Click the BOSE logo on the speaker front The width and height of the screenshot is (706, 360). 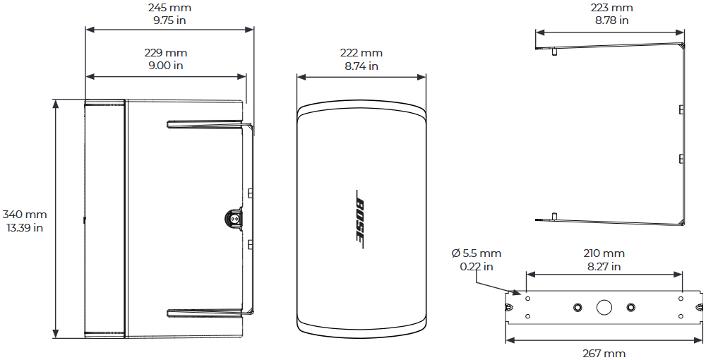(360, 219)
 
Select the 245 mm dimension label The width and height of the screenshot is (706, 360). (169, 8)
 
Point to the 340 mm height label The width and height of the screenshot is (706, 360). (25, 215)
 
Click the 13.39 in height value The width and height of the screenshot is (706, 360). (25, 227)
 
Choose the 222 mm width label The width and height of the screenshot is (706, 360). (361, 53)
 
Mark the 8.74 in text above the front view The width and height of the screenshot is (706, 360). (361, 66)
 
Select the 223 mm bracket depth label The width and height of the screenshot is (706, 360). (611, 8)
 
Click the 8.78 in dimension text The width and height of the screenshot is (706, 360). (611, 20)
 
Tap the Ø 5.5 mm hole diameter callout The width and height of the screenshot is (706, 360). (477, 253)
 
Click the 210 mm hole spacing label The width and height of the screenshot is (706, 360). (604, 253)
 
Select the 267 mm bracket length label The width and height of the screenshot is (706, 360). (604, 353)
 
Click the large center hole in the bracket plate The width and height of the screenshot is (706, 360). (604, 308)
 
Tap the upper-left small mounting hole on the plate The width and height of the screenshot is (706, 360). (527, 297)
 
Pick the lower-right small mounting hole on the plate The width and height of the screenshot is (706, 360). (681, 317)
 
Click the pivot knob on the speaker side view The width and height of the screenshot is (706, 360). (232, 219)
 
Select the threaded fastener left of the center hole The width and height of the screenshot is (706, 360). (578, 307)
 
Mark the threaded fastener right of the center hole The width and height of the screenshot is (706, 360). (630, 307)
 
